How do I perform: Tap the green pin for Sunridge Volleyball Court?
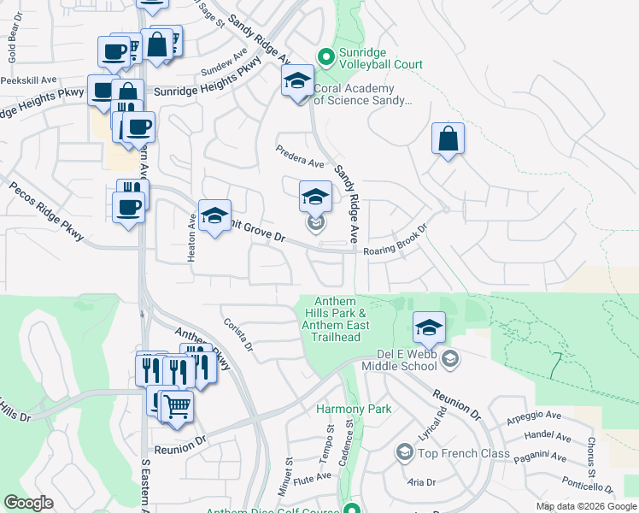pos(325,57)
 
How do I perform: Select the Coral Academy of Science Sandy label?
pos(362,94)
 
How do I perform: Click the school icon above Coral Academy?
pos(297,82)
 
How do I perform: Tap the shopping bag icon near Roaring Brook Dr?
pos(448,139)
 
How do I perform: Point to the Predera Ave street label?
pos(300,157)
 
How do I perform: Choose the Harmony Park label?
pos(354,409)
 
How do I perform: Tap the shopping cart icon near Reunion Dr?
pos(177,406)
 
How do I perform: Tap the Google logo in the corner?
pos(28,503)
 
